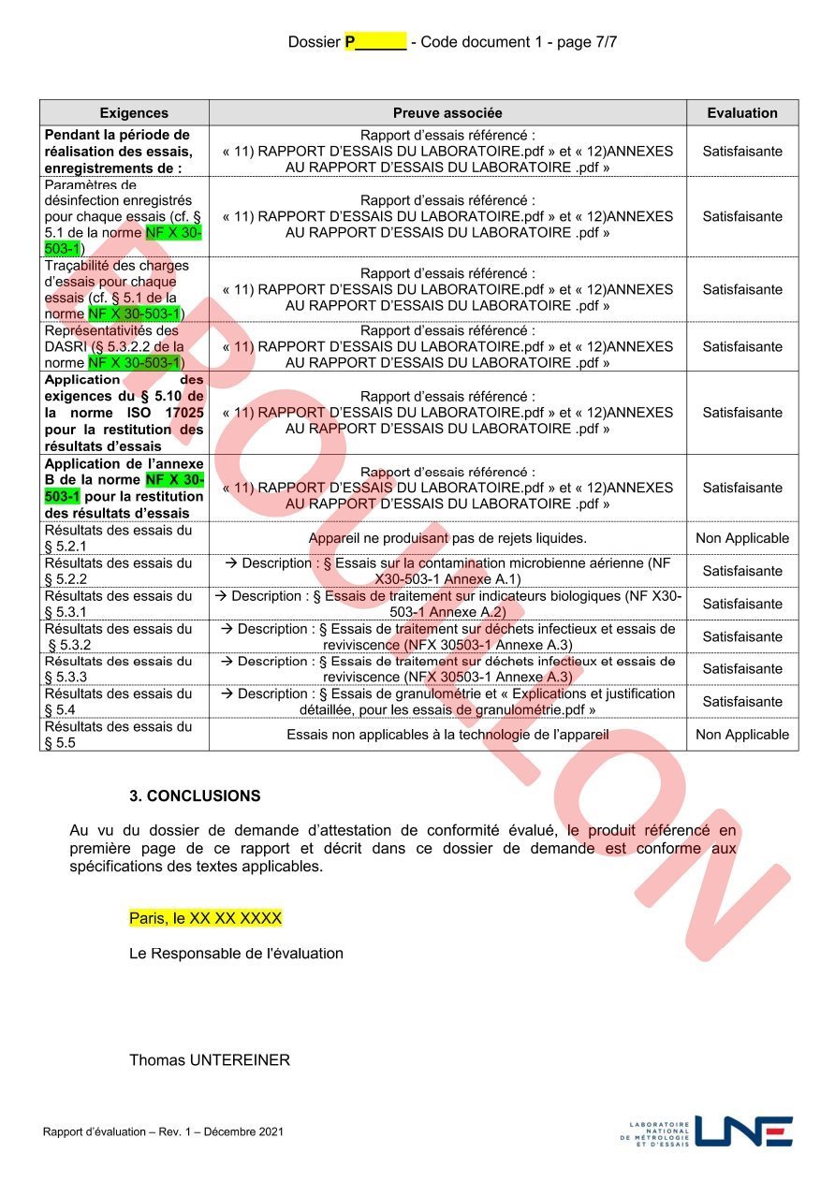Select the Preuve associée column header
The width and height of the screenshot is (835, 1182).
click(447, 112)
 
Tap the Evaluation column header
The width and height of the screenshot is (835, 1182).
click(741, 112)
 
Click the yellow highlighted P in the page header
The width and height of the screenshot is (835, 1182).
click(350, 41)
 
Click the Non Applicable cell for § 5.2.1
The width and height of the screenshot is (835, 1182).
click(741, 538)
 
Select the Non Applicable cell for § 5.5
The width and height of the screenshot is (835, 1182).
click(741, 735)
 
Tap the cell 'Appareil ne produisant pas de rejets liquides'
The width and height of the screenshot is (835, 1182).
click(447, 538)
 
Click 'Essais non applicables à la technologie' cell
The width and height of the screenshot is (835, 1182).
click(447, 735)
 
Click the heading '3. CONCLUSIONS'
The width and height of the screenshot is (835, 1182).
click(195, 796)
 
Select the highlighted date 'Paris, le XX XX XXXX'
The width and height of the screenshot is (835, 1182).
click(205, 918)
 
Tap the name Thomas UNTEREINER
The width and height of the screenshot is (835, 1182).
click(210, 1060)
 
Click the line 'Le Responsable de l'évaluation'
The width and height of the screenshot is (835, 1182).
click(236, 954)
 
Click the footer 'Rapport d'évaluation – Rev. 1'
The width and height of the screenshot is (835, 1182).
click(162, 1132)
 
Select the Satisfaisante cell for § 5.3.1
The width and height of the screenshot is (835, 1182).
click(741, 604)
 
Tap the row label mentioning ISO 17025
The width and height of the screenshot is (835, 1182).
click(124, 413)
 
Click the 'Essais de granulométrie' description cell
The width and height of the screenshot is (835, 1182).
click(447, 702)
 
